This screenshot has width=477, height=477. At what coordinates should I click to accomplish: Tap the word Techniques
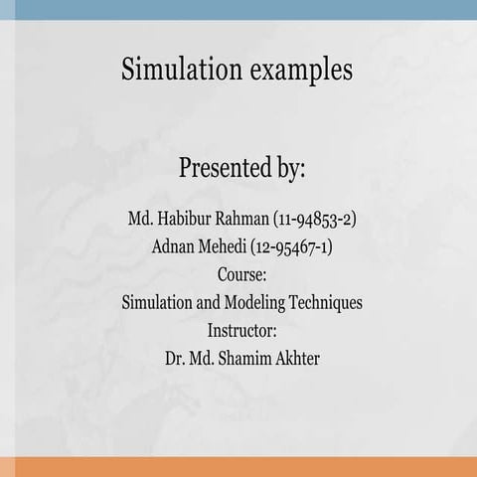pyautogui.click(x=327, y=302)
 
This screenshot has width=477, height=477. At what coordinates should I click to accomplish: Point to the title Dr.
pyautogui.click(x=175, y=358)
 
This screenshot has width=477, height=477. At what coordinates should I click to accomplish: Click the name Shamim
pyautogui.click(x=246, y=358)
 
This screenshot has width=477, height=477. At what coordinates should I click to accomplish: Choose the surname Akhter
pyautogui.click(x=297, y=358)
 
